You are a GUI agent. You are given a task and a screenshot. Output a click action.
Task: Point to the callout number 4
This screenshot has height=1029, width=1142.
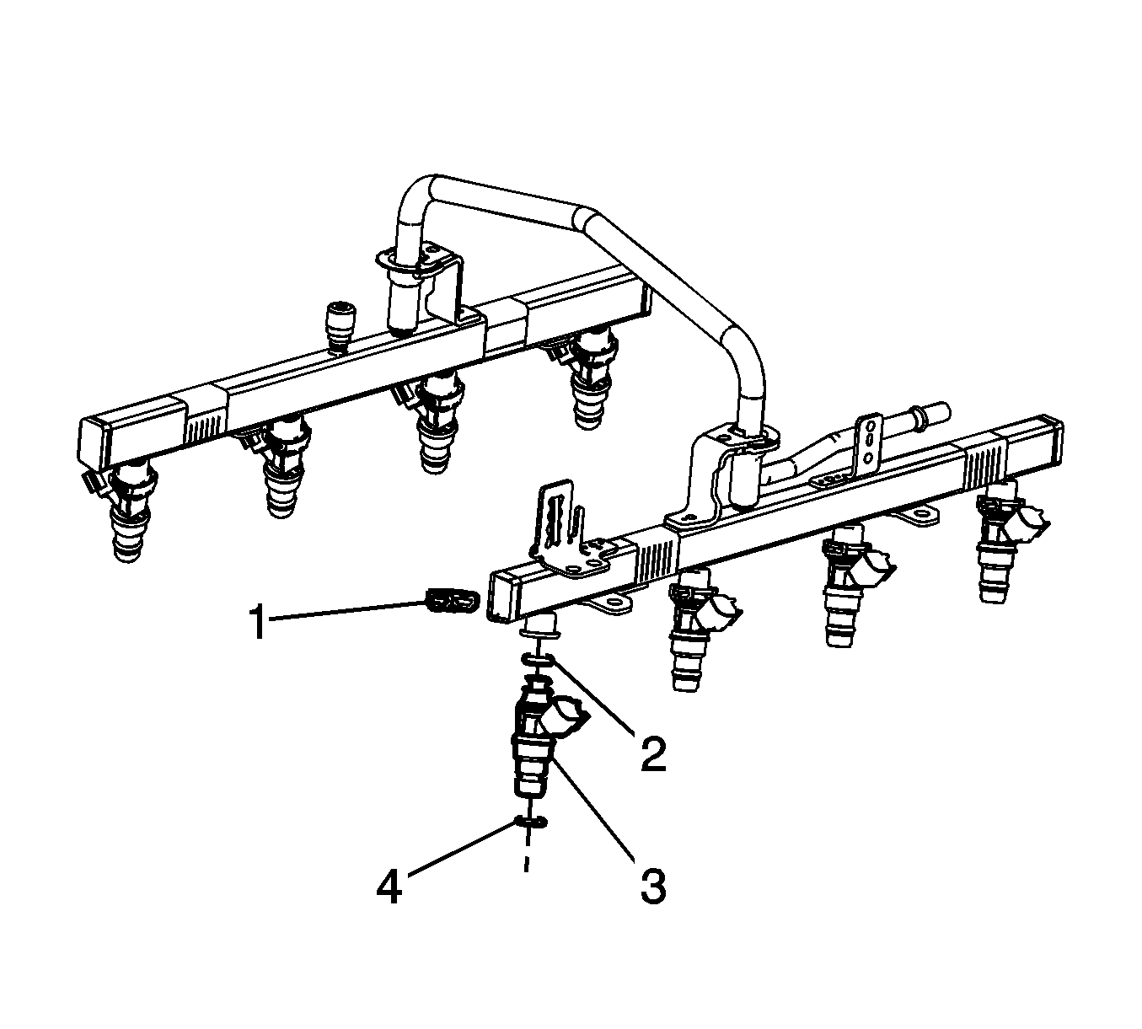(390, 886)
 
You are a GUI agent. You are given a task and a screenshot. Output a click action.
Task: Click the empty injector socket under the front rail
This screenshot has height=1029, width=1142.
(540, 624)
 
